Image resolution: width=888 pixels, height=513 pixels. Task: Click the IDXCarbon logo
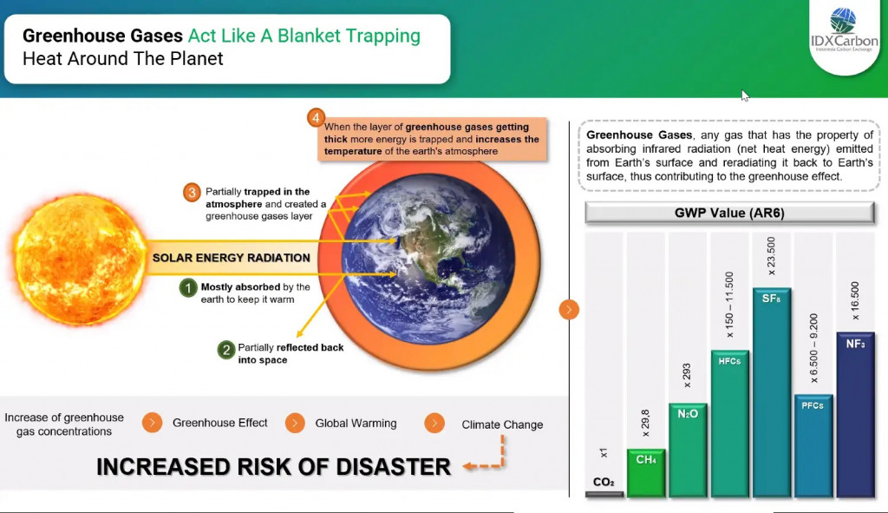845,30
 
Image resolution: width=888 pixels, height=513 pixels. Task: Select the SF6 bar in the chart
771,392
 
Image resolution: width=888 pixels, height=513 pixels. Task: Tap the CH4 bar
646,473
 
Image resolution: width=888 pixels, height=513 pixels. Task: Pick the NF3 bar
855,414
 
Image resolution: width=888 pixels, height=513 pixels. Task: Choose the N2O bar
688,451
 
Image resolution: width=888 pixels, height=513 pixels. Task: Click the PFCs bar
813,445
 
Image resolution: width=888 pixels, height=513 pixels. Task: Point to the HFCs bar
729,424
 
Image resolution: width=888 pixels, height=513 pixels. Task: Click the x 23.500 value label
771,256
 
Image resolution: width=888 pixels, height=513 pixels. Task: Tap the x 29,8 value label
645,423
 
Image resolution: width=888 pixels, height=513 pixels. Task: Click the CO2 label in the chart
604,482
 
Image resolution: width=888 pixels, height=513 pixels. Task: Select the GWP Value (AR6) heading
729,213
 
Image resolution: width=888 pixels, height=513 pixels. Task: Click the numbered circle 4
316,117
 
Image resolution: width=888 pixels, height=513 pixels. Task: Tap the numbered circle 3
192,192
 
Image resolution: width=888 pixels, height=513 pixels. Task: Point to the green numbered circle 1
188,288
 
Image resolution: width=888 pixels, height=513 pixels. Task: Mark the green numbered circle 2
226,350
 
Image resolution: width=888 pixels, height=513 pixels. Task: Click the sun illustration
79,260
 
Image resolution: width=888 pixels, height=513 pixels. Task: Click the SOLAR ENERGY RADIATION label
231,257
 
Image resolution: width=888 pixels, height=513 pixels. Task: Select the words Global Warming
356,423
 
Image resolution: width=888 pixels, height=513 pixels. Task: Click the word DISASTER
393,466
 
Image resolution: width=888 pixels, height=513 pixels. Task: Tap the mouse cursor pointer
745,95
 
